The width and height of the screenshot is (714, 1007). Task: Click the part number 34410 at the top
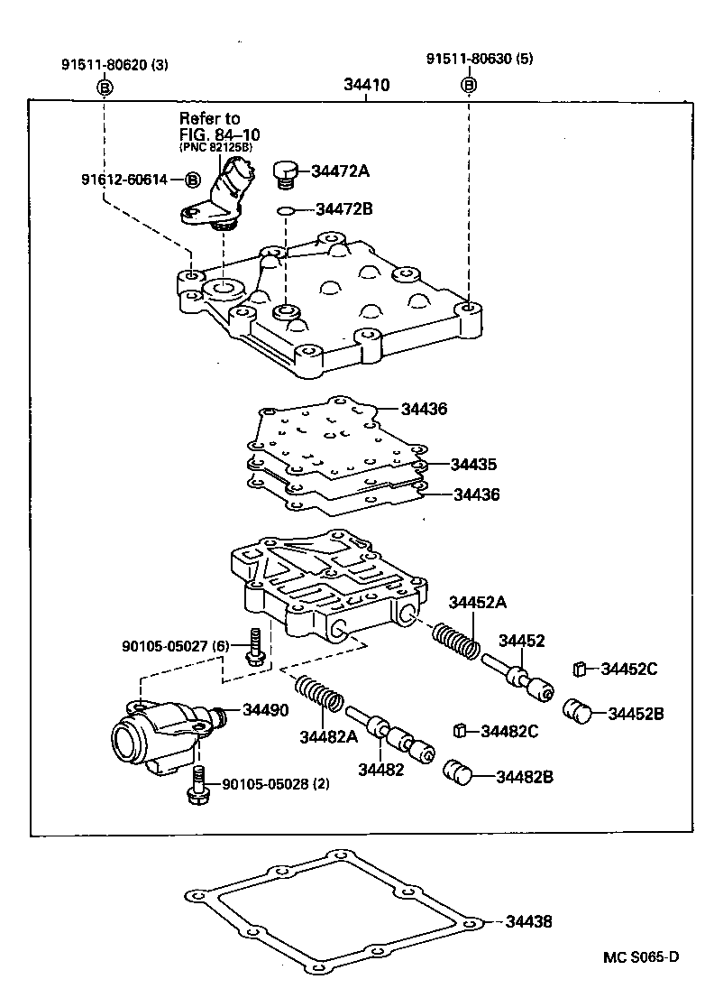tap(366, 87)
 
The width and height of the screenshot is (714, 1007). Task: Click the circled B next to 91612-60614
tap(192, 180)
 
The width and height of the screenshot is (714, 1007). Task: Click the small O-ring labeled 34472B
tap(285, 211)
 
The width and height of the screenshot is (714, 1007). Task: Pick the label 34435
tap(474, 465)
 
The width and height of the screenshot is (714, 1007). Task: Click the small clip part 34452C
tap(581, 669)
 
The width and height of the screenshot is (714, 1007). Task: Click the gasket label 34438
tap(527, 922)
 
